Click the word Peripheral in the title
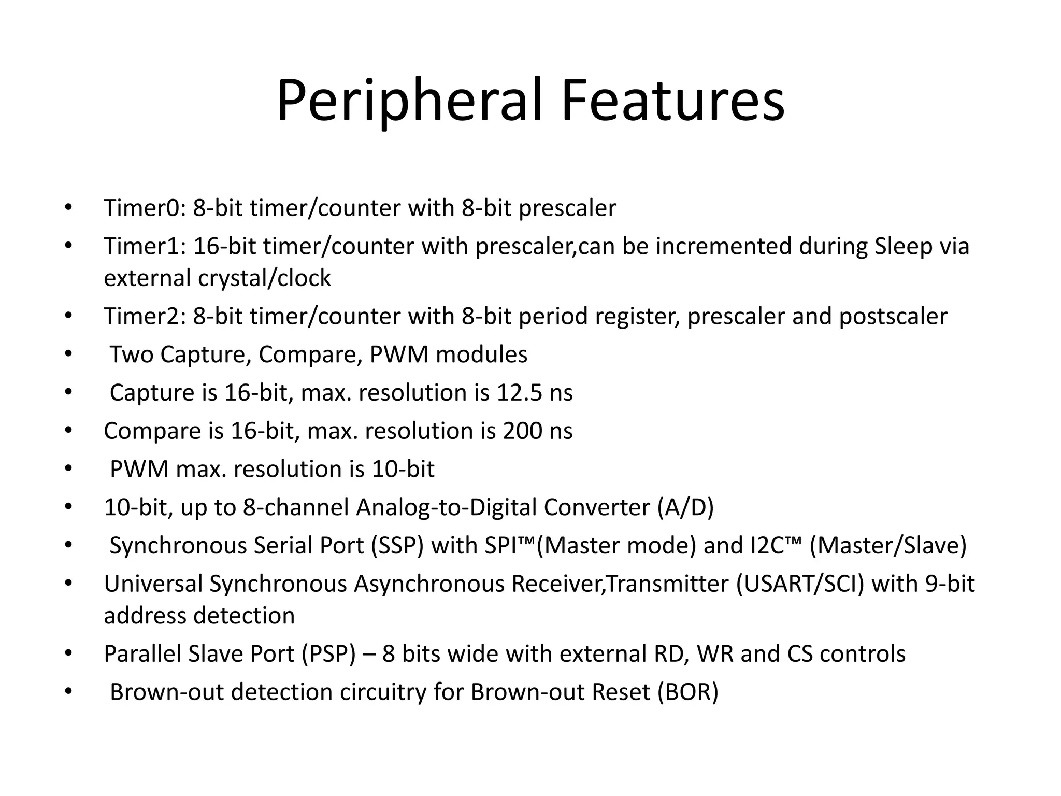[409, 101]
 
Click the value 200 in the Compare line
[522, 431]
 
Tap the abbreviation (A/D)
[685, 507]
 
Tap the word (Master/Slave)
[887, 546]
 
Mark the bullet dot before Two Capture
[68, 354]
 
